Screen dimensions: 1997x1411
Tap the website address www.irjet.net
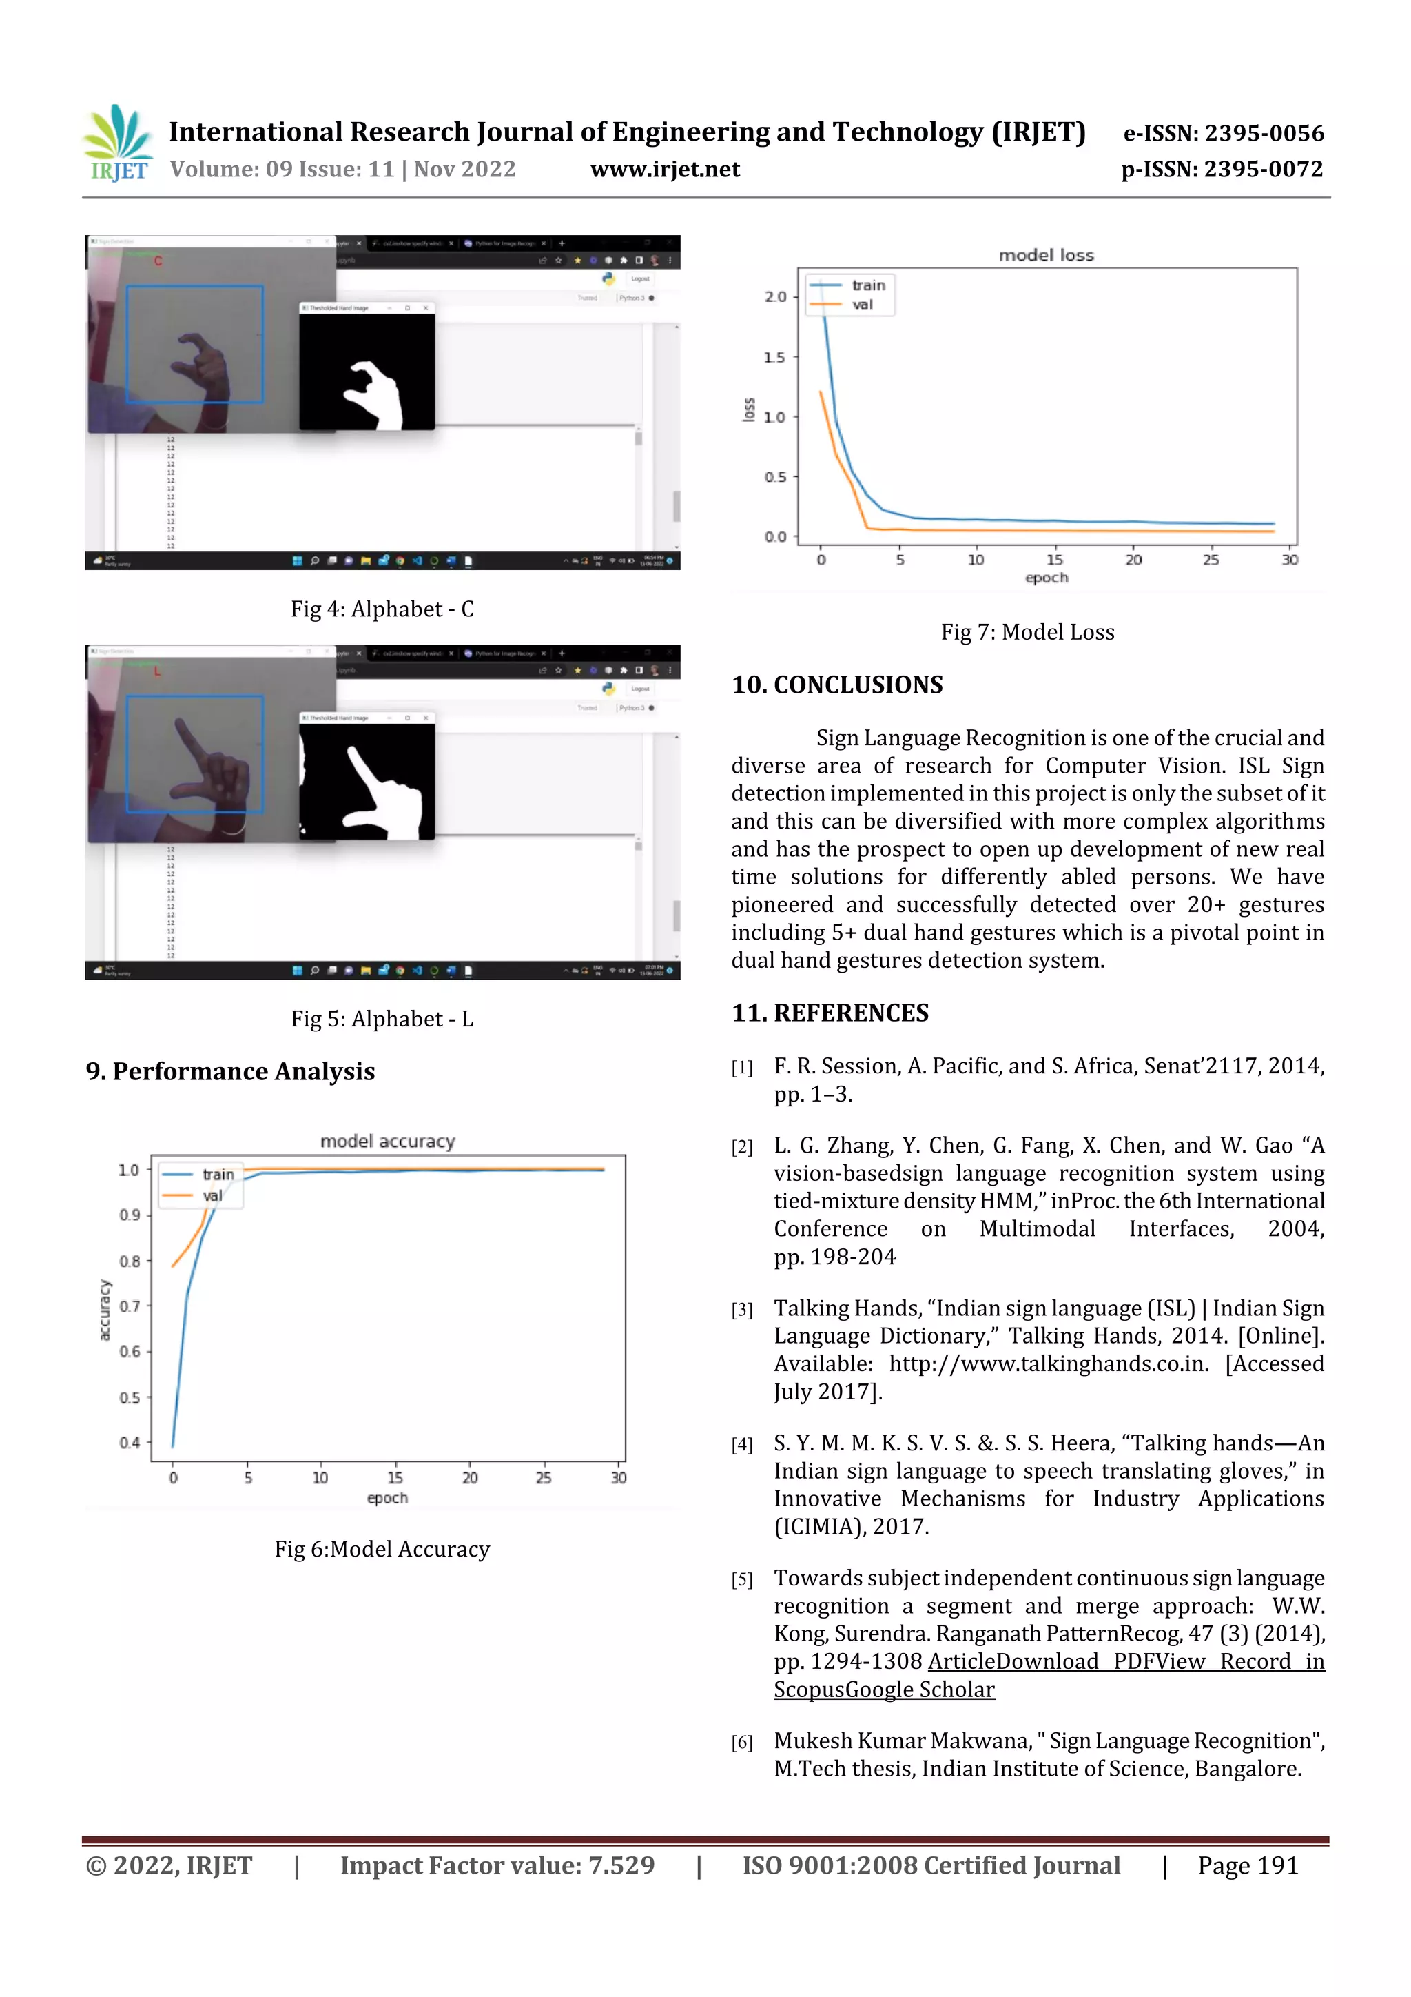click(x=665, y=170)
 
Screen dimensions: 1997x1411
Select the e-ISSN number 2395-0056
click(x=1223, y=133)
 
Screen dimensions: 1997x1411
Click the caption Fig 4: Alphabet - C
click(x=382, y=609)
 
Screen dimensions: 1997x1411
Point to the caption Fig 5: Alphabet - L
click(x=382, y=1019)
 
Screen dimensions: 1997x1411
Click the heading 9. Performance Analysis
click(x=230, y=1071)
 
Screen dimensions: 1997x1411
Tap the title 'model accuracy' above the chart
click(x=387, y=1141)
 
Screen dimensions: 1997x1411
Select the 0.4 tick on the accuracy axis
click(x=130, y=1443)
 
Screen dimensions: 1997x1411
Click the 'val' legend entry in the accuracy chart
click(x=212, y=1196)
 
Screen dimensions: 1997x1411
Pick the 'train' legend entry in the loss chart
click(x=867, y=285)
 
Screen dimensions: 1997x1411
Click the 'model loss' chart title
click(x=1046, y=255)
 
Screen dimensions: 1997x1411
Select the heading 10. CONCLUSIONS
click(x=836, y=685)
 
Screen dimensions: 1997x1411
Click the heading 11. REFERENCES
click(x=830, y=1013)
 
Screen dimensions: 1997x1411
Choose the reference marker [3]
click(x=741, y=1310)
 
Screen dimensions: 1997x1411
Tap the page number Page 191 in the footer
click(x=1248, y=1865)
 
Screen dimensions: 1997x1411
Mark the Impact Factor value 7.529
click(x=497, y=1865)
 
